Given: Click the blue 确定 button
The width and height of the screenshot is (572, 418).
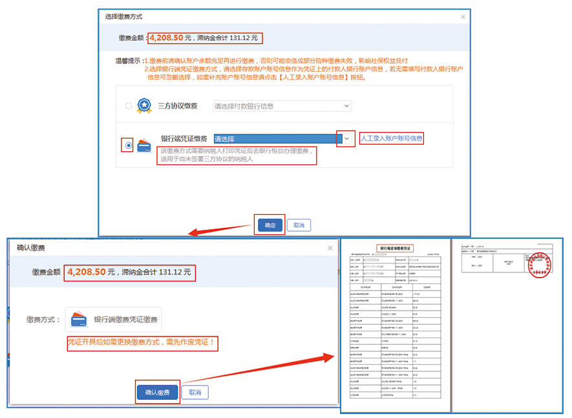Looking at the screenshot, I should pyautogui.click(x=270, y=225).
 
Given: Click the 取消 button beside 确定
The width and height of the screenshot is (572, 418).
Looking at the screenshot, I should pyautogui.click(x=299, y=225).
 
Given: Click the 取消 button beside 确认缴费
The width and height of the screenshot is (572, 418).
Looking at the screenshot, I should pyautogui.click(x=195, y=393).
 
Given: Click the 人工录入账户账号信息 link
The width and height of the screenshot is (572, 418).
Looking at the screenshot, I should pyautogui.click(x=392, y=138).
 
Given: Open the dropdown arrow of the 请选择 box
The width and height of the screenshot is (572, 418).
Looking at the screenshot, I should pyautogui.click(x=346, y=138).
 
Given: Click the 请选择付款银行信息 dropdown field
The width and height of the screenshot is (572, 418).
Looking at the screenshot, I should pyautogui.click(x=282, y=106).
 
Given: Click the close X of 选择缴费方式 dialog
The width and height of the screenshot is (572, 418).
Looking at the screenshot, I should pyautogui.click(x=462, y=17).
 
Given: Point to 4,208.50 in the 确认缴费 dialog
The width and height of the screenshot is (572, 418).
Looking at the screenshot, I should pyautogui.click(x=86, y=272).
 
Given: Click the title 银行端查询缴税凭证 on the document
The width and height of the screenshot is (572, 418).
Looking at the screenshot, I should pyautogui.click(x=394, y=248).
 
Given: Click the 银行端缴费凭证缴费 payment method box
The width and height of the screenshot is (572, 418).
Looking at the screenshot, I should pyautogui.click(x=113, y=320).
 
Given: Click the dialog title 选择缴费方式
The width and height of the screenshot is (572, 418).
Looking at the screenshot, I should pyautogui.click(x=124, y=16).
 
